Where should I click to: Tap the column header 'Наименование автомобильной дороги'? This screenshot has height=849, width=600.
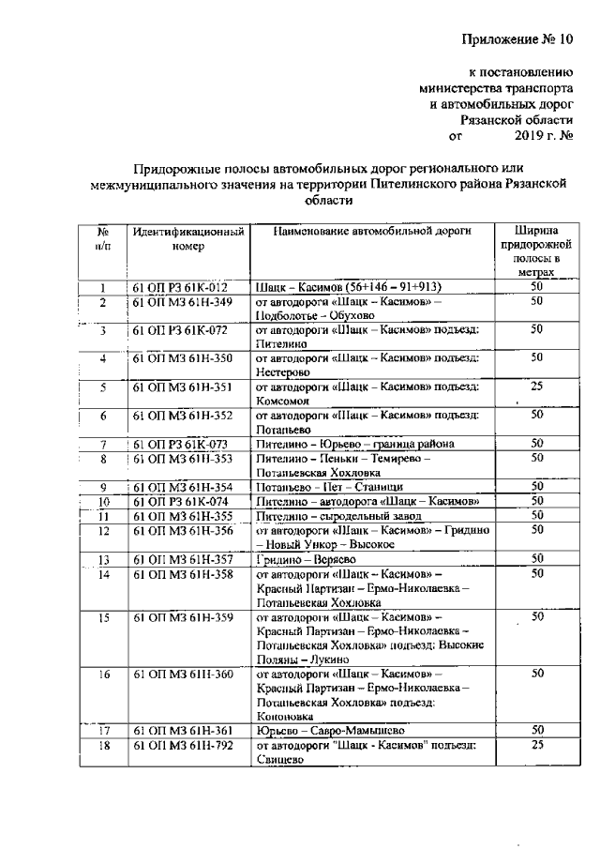tap(373, 231)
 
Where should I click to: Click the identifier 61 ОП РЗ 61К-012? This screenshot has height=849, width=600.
tap(179, 287)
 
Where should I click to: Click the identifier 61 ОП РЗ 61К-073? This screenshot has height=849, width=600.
tap(179, 444)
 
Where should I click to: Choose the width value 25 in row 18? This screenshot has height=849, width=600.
tap(537, 745)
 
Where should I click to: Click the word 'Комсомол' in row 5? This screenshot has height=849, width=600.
tap(282, 400)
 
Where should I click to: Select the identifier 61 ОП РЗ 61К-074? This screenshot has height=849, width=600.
tap(179, 502)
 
